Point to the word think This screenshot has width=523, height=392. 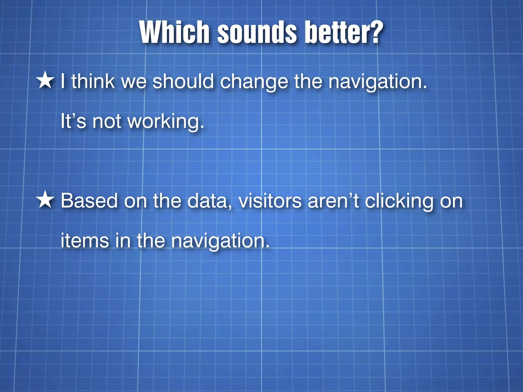click(x=93, y=81)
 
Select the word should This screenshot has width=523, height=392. click(x=183, y=81)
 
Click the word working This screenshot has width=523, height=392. click(x=165, y=122)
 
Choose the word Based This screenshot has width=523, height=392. click(x=89, y=201)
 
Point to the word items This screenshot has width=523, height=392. click(x=85, y=240)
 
